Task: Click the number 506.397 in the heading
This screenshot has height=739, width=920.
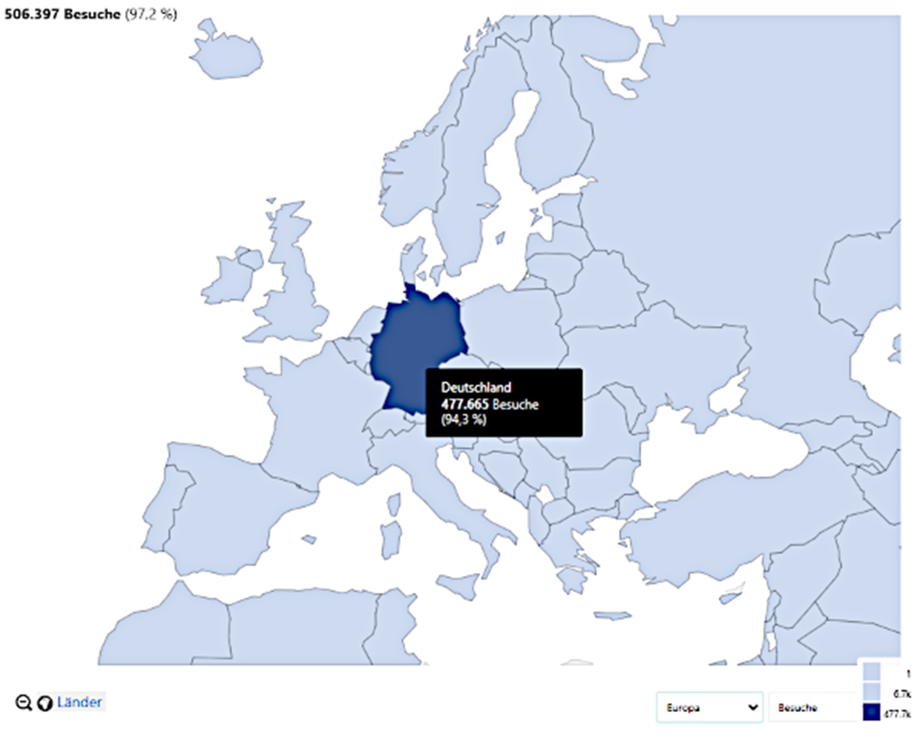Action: point(32,14)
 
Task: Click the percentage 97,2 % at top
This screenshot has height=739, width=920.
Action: point(151,14)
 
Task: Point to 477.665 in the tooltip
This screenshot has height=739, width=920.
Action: point(464,404)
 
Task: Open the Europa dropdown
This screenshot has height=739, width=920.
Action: point(709,707)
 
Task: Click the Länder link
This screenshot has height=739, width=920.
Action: point(79,703)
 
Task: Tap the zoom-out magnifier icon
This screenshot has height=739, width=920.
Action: point(23,703)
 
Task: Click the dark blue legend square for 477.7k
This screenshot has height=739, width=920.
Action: point(872,713)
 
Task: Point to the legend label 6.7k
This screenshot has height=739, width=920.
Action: point(901,694)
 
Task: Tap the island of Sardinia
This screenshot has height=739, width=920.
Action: point(391,536)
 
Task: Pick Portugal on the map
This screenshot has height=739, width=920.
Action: point(165,508)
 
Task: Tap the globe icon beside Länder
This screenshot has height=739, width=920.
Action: point(45,703)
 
